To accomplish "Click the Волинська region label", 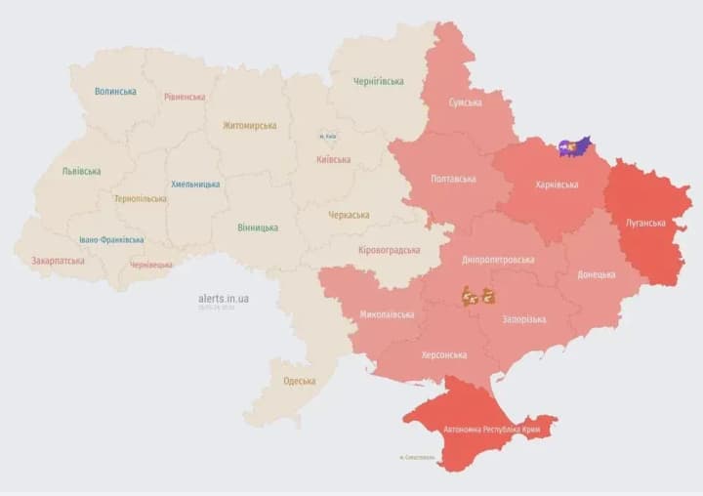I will coord(115,92).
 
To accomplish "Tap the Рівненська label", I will coord(185,97).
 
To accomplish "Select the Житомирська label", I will coord(249,125).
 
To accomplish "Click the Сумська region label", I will coord(465,103).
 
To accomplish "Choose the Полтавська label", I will coord(454,179).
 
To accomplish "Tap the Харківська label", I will coord(557,185).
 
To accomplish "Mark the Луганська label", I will coord(646,223).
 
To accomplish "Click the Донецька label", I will coord(596,274).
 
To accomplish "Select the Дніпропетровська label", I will coord(498,260).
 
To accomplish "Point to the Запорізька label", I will coord(524,319).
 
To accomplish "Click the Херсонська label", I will coord(443,354).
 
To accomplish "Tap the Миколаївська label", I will coord(387,314).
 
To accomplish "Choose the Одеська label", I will coord(299,381).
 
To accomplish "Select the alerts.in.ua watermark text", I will coord(223,298).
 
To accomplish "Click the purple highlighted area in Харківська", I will coord(574,146).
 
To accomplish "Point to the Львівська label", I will coord(81,171).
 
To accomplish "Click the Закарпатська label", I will coord(58,261).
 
